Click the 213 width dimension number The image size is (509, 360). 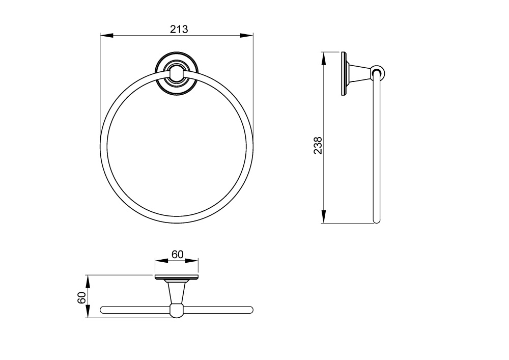point(179,29)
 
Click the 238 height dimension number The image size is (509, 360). point(318,146)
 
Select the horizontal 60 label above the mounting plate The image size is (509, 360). point(178,254)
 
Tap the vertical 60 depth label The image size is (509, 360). point(82,297)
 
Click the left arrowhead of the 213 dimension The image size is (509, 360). point(106,35)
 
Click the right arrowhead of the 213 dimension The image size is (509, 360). point(246,35)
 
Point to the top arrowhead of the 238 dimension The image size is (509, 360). point(324,59)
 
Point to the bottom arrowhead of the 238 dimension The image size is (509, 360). point(324,216)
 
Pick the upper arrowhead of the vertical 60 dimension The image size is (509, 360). point(87,282)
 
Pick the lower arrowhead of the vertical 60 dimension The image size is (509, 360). point(87,311)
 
